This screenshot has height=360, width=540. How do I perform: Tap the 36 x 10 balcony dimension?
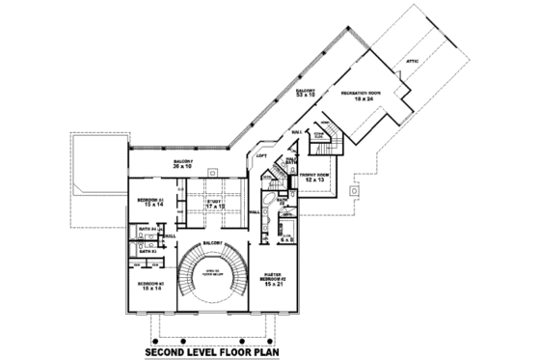(183, 167)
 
